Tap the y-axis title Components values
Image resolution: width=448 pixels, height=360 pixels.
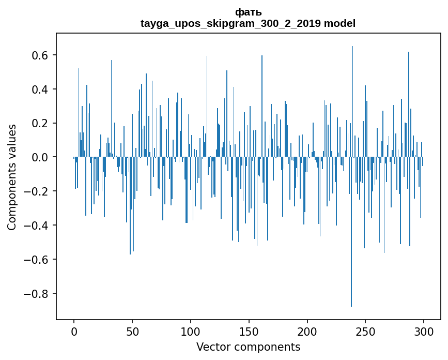11,177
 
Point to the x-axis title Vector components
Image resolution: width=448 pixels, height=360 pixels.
248,347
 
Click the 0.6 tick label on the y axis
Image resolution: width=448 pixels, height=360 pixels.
40,55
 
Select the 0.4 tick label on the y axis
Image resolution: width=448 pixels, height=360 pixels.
40,89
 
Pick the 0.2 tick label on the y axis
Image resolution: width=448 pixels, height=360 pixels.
40,124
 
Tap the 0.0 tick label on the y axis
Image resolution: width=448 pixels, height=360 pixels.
40,157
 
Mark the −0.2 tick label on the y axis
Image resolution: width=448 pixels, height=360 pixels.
36,191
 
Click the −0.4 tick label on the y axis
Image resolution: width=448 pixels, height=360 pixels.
36,226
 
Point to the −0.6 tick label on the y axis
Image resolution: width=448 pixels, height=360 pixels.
36,260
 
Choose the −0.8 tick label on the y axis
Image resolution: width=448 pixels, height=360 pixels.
36,294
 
